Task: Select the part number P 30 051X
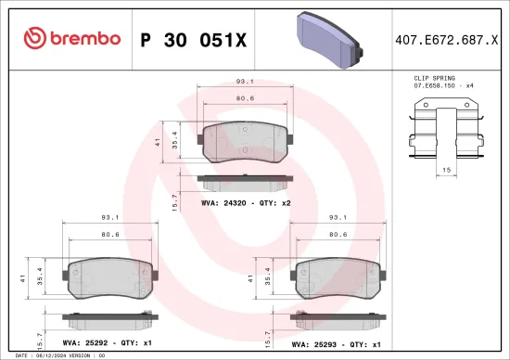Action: (193, 39)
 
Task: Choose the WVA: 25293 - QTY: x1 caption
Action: (336, 342)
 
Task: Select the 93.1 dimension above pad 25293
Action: (337, 219)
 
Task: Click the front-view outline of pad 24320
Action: (244, 140)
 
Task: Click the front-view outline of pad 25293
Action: (337, 276)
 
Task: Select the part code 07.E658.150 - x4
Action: (444, 85)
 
